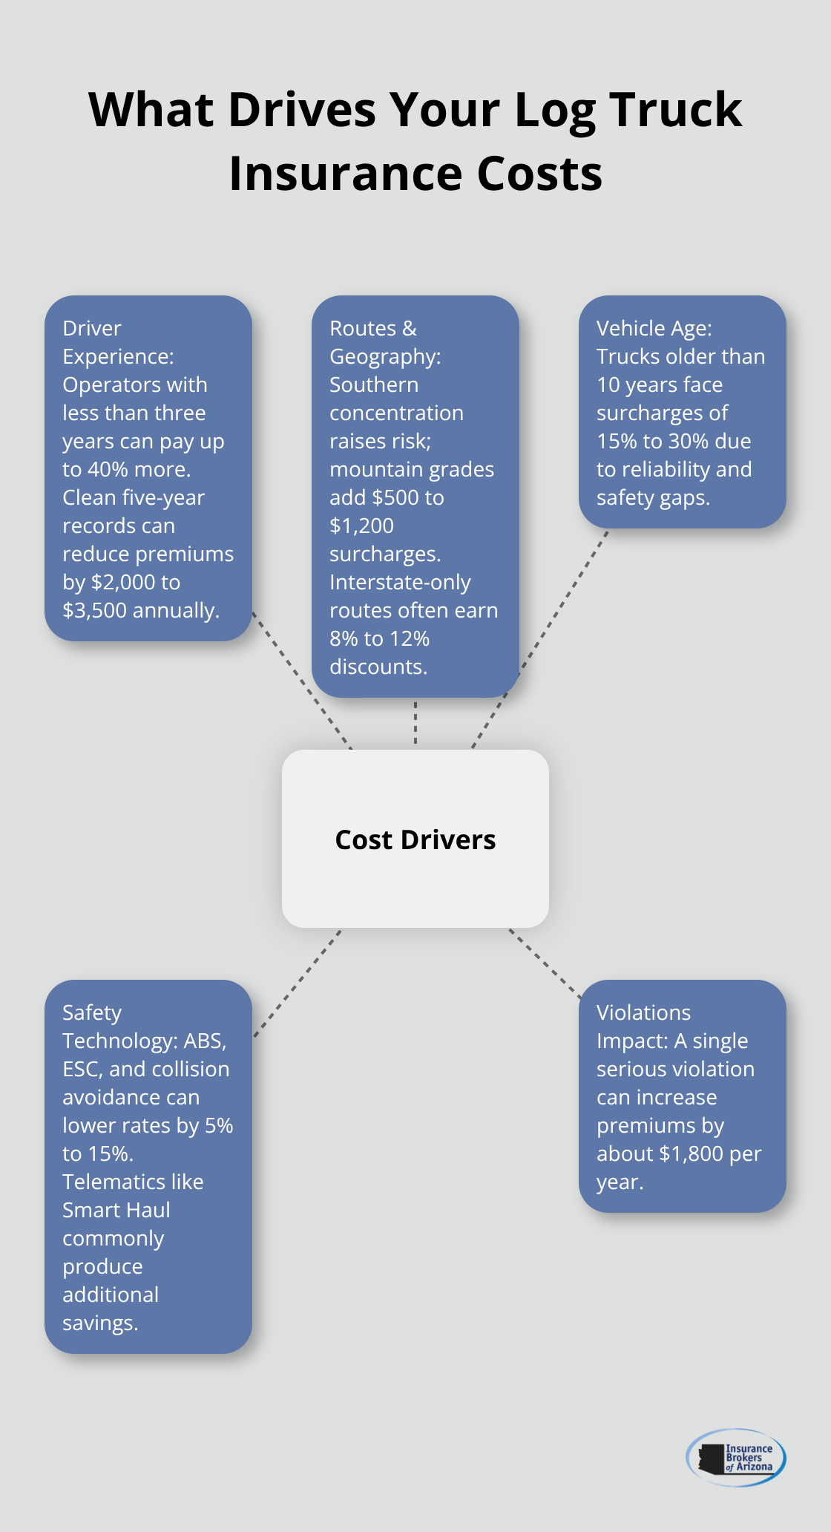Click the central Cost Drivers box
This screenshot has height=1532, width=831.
415,839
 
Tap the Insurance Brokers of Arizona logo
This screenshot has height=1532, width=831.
736,1457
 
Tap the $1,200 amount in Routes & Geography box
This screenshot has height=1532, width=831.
361,526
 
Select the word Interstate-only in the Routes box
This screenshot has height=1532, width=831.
400,582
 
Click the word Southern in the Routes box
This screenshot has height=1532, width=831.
374,384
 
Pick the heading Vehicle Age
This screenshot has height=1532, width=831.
654,328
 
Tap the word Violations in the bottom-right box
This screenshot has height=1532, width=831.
643,1012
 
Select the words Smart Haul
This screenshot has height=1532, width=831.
116,1210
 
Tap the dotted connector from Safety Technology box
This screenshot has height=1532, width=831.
297,983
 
